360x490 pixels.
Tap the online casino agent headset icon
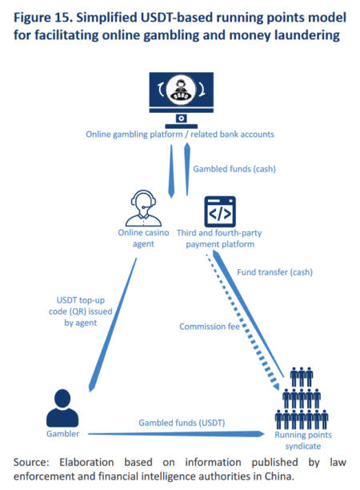click(142, 210)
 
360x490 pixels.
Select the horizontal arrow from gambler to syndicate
click(176, 434)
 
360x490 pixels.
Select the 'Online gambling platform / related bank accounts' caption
click(180, 135)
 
